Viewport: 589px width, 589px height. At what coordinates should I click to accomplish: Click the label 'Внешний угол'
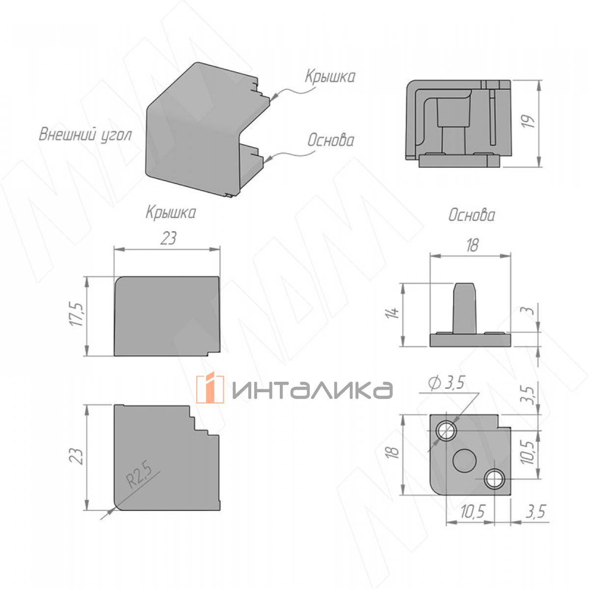point(85,135)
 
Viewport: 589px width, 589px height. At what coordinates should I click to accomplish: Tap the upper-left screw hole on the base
point(447,431)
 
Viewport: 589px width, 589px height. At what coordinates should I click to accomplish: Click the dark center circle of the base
point(464,461)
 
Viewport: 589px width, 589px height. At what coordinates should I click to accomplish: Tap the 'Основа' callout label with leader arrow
point(331,140)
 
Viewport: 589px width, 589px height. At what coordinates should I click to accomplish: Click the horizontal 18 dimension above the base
point(472,245)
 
